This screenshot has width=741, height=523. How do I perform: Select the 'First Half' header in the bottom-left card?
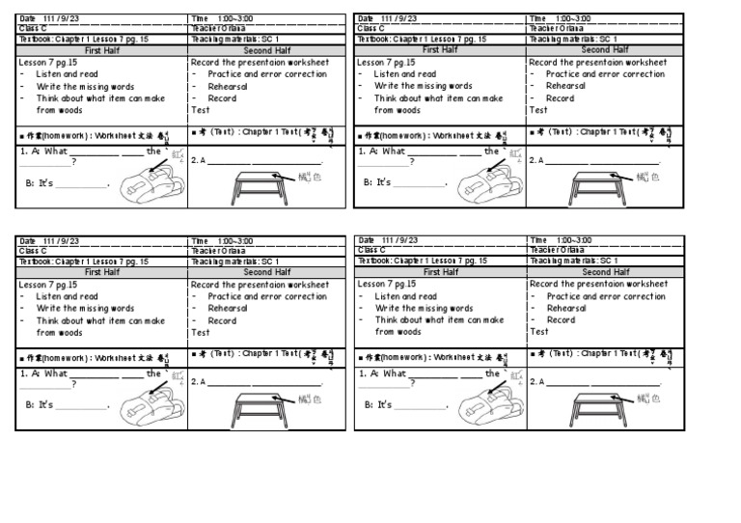(x=102, y=272)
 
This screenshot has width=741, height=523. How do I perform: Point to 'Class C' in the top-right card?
(x=370, y=28)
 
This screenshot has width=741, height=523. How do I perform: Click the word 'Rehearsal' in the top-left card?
(x=228, y=86)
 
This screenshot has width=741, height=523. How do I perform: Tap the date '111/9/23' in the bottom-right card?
(x=398, y=240)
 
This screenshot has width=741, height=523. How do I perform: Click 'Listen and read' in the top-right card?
(x=404, y=74)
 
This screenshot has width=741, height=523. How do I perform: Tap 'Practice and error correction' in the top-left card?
(x=266, y=74)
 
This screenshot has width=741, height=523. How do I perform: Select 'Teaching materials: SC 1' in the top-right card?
(x=573, y=40)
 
